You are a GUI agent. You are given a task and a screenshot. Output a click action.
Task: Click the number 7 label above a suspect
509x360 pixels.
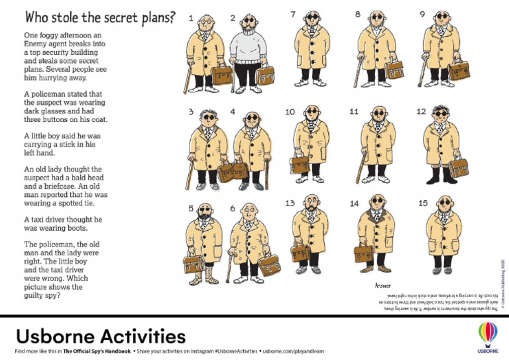(293, 14)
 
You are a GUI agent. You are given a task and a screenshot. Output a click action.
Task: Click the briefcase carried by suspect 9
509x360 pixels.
(458, 70)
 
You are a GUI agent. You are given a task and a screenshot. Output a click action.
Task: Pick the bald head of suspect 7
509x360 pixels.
(312, 15)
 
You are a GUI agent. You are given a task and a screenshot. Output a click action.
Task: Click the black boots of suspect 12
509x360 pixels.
(440, 176)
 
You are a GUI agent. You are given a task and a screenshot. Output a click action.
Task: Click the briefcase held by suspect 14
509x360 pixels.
(363, 253)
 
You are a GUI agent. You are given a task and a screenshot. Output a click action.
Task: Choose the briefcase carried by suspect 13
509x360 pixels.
(300, 252)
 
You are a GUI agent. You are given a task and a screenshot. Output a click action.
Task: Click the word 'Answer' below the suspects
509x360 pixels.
(383, 285)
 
